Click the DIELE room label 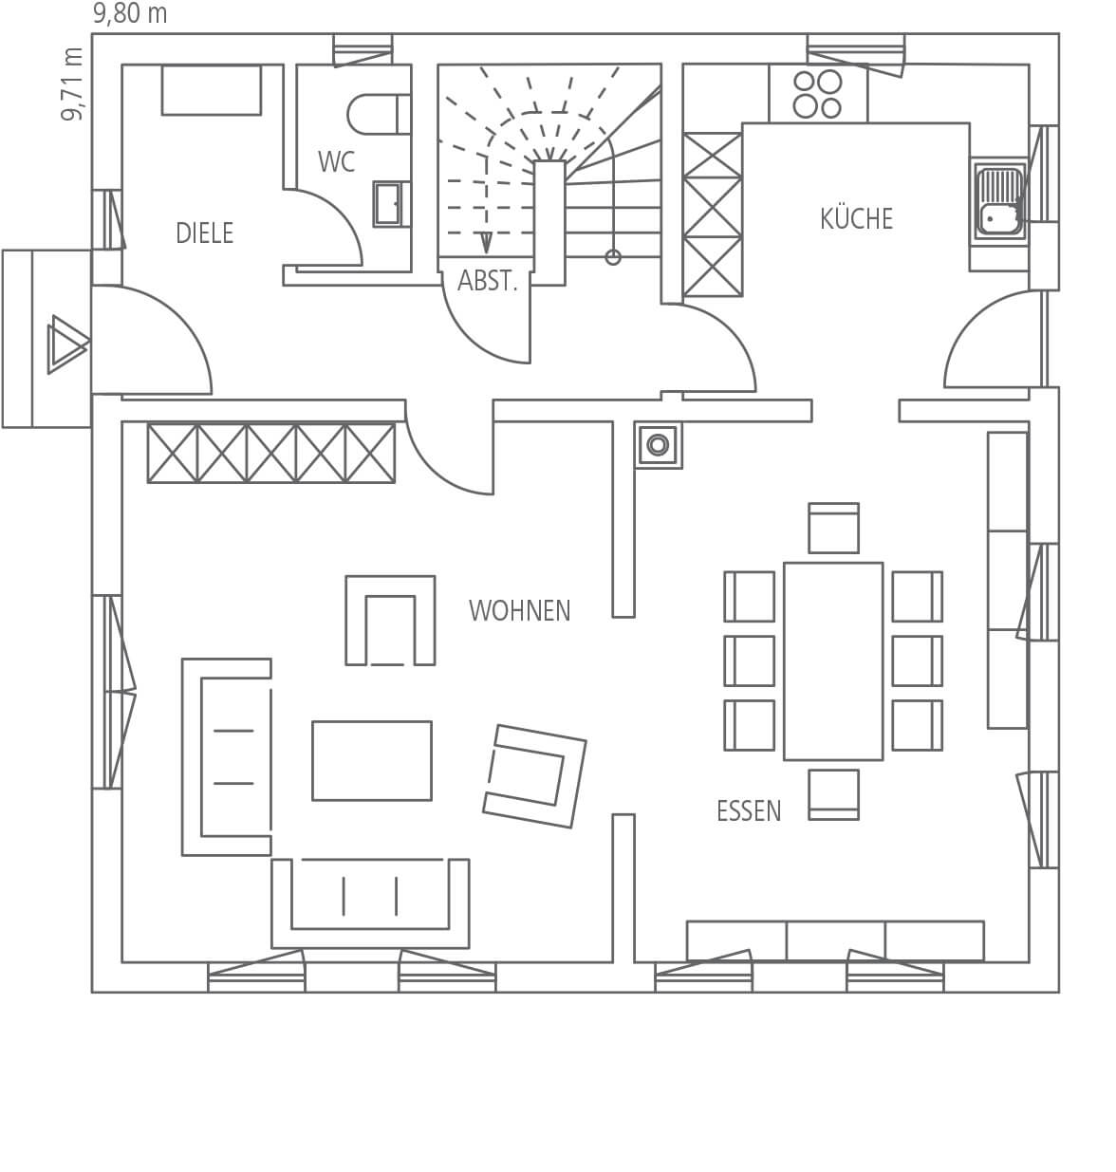[204, 233]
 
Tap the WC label [336, 161]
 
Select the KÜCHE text [856, 218]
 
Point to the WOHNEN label [519, 610]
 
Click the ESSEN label [748, 810]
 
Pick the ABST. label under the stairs [487, 281]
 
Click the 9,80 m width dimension [130, 13]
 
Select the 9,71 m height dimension [72, 84]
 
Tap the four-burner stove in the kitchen [818, 94]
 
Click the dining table [833, 661]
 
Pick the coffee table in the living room [372, 761]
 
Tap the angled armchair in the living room [534, 776]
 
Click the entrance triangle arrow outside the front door [68, 344]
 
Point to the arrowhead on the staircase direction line [487, 242]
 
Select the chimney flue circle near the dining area [659, 445]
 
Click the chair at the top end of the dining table [833, 529]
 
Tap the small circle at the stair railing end [613, 257]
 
